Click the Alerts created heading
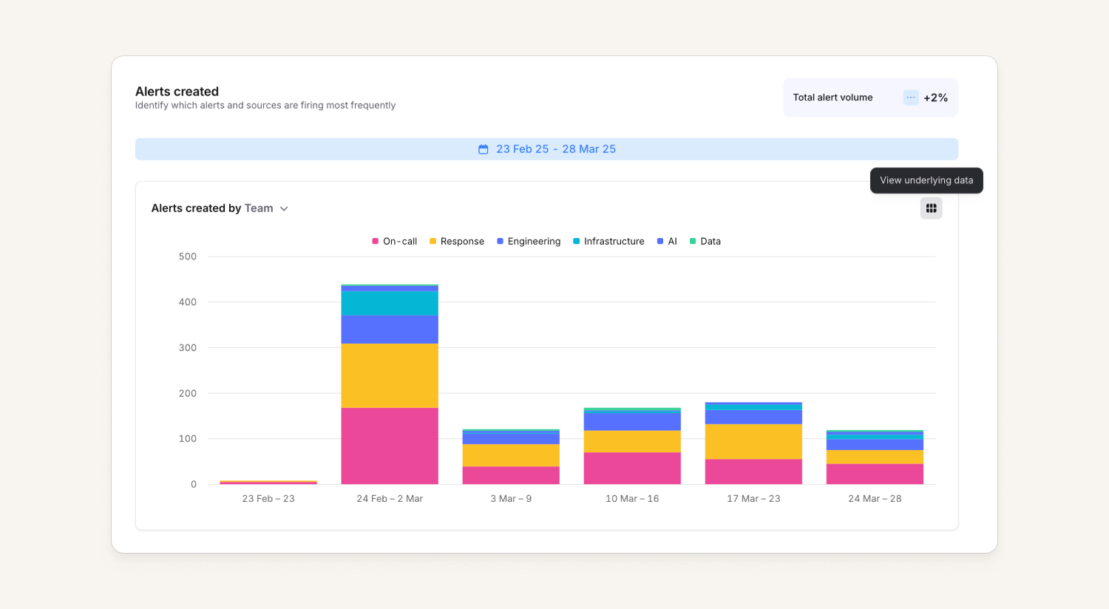tap(177, 92)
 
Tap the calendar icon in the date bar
tap(484, 149)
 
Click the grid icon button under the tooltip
tap(931, 208)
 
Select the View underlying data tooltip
tap(926, 180)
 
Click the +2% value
tap(935, 98)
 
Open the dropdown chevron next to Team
tap(284, 208)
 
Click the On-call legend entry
tap(395, 242)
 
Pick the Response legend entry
tap(456, 242)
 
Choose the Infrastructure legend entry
tap(608, 242)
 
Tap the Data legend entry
tap(705, 242)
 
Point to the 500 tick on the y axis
tap(188, 256)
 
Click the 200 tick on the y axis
tap(188, 393)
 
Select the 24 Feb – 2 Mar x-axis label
tap(390, 499)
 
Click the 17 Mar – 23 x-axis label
tap(753, 499)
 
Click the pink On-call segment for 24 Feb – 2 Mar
tap(390, 446)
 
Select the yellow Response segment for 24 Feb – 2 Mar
tap(390, 375)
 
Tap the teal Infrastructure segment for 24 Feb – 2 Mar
tap(390, 303)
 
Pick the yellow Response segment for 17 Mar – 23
tap(753, 442)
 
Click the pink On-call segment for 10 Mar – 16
tap(632, 469)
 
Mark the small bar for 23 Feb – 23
tap(268, 483)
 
